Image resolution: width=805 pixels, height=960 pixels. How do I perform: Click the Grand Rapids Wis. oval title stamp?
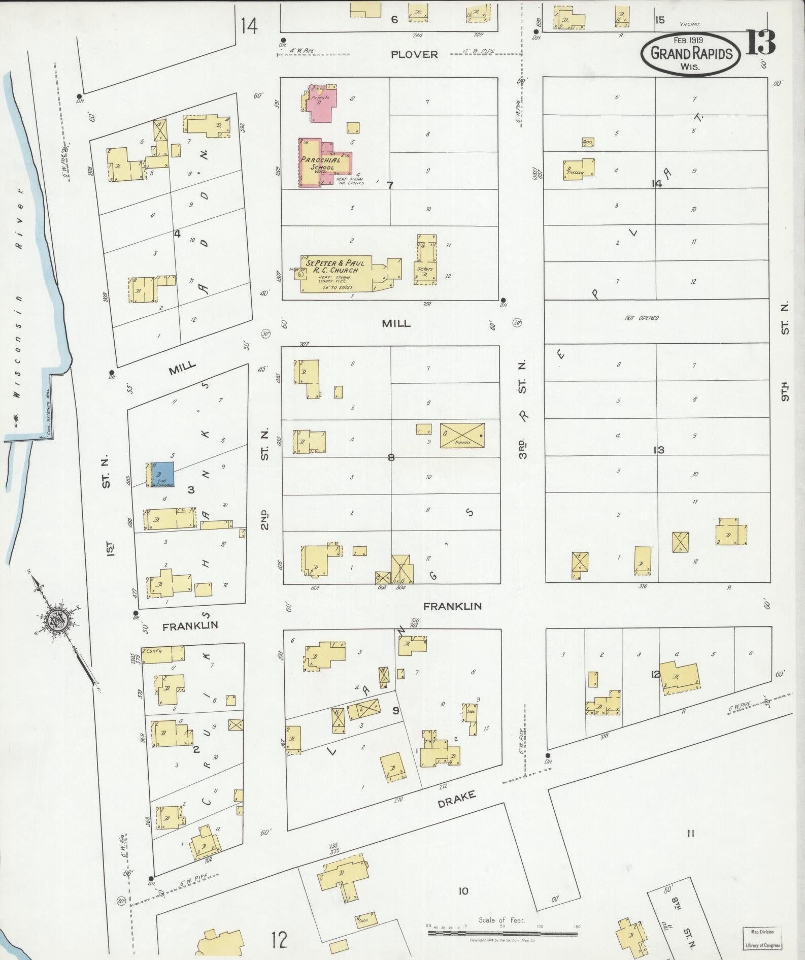pyautogui.click(x=691, y=53)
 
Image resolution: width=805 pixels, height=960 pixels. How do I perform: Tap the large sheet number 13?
pyautogui.click(x=760, y=43)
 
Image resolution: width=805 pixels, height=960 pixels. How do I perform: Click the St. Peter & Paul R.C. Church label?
pyautogui.click(x=335, y=267)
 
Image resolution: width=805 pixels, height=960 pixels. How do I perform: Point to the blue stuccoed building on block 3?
pyautogui.click(x=163, y=475)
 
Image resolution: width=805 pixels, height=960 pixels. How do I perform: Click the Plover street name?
pyautogui.click(x=414, y=54)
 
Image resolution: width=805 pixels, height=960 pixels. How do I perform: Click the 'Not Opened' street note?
pyautogui.click(x=642, y=318)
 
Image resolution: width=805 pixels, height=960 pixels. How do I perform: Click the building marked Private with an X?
pyautogui.click(x=462, y=435)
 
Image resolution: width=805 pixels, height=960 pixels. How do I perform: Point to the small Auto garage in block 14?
pyautogui.click(x=588, y=142)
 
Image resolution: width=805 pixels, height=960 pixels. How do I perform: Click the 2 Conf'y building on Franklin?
pyautogui.click(x=162, y=654)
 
